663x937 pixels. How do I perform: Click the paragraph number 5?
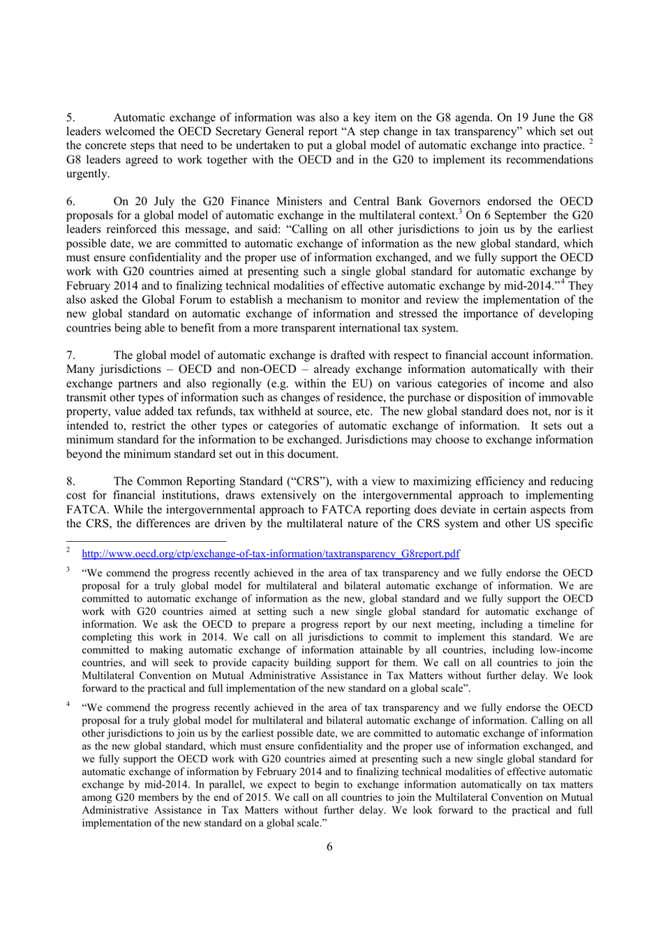tap(70, 117)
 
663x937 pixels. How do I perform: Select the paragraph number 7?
tap(70, 355)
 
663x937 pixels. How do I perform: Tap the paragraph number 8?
tap(70, 481)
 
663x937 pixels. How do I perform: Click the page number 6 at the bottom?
tap(329, 847)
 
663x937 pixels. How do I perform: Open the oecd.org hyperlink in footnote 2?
tap(271, 554)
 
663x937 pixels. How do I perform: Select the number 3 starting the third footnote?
tap(68, 570)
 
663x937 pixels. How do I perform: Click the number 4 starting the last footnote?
tap(68, 705)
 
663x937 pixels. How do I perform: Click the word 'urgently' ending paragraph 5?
tap(87, 174)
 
